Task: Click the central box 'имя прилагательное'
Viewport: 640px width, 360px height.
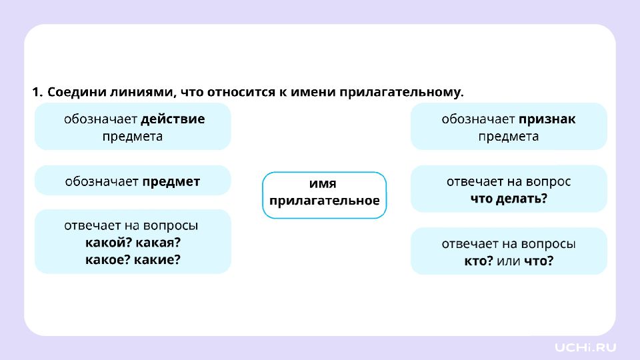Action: coord(324,195)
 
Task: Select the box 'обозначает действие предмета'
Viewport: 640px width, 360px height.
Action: coord(133,127)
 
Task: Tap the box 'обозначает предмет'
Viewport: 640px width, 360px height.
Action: coord(133,181)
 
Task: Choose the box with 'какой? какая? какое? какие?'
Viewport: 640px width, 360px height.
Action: coord(133,241)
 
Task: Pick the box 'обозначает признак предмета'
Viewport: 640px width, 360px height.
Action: coord(509,127)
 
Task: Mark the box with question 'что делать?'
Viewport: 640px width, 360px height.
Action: coord(509,189)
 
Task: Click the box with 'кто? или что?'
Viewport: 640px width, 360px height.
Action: coord(509,251)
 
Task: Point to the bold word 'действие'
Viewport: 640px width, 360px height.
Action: coord(173,119)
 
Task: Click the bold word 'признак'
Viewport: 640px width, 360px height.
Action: coord(547,119)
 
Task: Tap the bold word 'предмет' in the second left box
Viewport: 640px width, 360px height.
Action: coord(171,181)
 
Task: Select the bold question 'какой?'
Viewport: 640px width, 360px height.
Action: coord(108,243)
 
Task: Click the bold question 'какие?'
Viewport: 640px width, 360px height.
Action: coord(157,259)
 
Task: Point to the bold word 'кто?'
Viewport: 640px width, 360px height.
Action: coord(479,261)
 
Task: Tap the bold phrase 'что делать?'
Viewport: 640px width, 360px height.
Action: coord(509,199)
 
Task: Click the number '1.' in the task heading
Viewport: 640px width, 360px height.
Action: coord(37,92)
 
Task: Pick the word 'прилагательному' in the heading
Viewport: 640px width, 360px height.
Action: coord(401,93)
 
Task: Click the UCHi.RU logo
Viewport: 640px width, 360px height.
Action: coord(585,347)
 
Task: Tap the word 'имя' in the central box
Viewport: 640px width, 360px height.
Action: coord(323,184)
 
